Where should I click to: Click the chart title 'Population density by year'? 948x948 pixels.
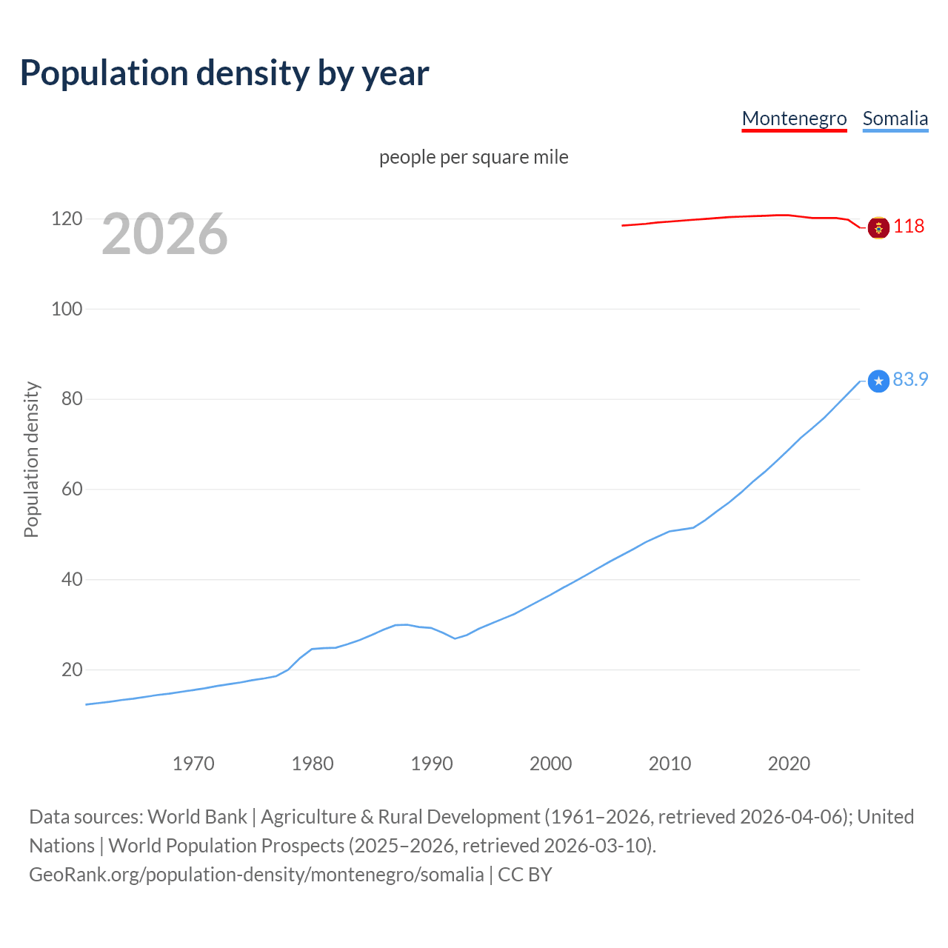coord(224,73)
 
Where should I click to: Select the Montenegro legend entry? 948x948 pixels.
coord(794,118)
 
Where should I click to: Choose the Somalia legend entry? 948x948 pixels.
coord(895,118)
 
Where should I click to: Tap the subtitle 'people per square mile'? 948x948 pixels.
coord(473,158)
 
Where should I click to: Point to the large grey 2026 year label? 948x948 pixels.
coord(164,234)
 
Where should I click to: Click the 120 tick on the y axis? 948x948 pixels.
coord(67,219)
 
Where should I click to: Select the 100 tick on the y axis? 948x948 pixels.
coord(67,309)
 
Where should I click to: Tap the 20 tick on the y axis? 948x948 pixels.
coord(71,670)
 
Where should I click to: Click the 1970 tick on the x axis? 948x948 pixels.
coord(193,764)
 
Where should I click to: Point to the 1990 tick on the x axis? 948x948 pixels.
coord(432,764)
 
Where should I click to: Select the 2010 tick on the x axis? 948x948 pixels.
coord(670,764)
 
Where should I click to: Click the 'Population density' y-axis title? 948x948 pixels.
coord(31,459)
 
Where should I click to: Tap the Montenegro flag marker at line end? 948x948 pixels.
coord(878,228)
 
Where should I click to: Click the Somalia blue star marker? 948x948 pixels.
coord(878,381)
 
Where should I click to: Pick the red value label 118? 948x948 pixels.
coord(909,227)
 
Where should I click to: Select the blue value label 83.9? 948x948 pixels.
coord(910,380)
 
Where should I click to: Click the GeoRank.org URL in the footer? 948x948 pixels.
coord(256,875)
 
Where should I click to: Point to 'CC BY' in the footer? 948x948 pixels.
coord(525,875)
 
